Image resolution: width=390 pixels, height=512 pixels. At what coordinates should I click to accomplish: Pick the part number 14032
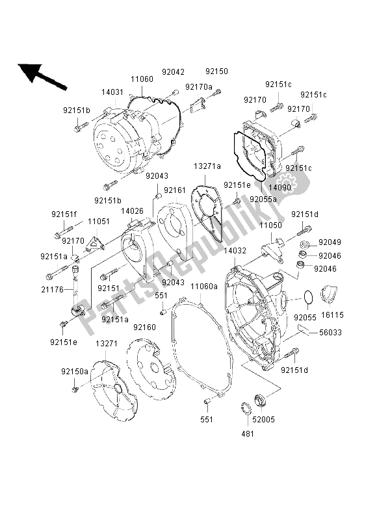tap(235, 250)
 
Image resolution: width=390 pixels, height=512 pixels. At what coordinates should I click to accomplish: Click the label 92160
tap(145, 327)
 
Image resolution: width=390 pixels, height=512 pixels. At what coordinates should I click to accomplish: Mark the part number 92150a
tap(75, 371)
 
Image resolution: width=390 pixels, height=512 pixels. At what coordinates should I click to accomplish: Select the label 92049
tap(330, 243)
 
